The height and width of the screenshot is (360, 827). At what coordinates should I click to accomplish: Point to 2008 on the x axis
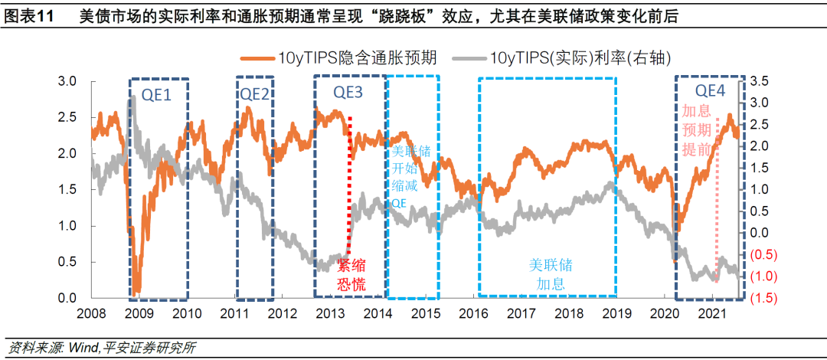(90, 314)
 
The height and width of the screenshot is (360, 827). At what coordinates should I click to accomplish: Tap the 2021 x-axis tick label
(714, 314)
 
